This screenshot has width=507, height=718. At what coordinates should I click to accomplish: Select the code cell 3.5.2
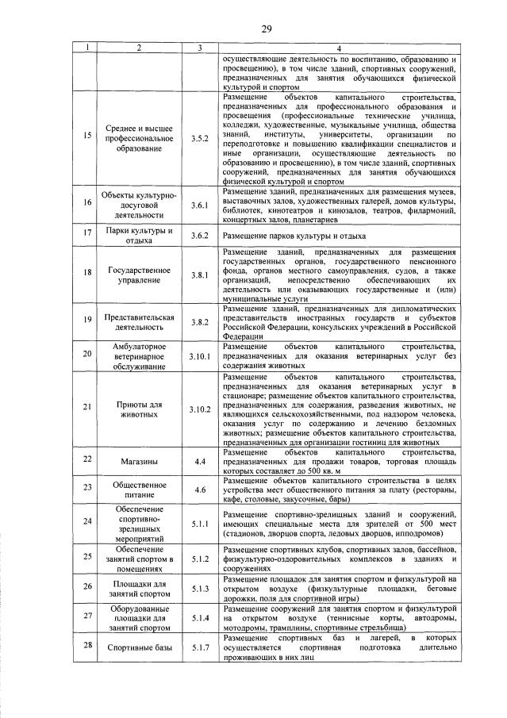199,138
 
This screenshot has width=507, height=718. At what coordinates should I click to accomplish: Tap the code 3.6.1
199,205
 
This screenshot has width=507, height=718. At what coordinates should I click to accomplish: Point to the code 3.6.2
199,236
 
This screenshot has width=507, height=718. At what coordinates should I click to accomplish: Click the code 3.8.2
199,324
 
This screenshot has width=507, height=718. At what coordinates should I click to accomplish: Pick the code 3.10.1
199,356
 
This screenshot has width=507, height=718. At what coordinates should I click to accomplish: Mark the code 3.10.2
199,409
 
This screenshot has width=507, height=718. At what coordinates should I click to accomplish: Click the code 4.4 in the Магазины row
199,460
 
